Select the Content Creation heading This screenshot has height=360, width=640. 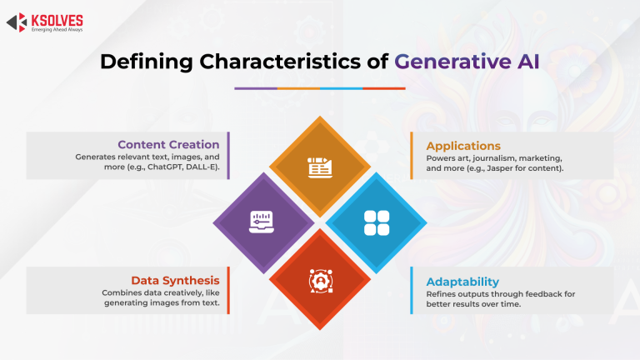coord(168,144)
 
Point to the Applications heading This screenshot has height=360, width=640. coord(463,145)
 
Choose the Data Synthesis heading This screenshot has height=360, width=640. coord(175,280)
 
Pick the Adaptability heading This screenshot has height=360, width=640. coord(463,281)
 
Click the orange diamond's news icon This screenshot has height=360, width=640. coord(320,167)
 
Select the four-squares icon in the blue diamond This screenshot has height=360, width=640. coord(377,222)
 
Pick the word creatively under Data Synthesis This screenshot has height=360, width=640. coord(173,293)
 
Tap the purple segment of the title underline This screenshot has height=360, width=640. coord(256,87)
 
